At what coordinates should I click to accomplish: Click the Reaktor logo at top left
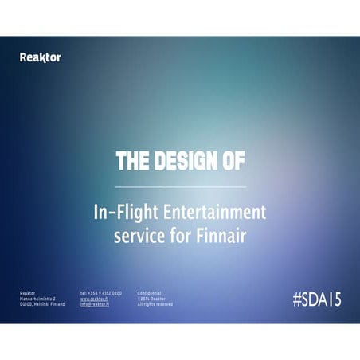(40, 57)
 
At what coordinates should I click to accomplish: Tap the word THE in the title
(131, 161)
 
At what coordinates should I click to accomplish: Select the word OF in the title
(233, 161)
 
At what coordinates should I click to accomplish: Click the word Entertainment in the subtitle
(213, 213)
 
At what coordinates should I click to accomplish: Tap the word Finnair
(225, 237)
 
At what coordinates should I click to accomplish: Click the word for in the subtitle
(180, 237)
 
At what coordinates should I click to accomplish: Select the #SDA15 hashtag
(316, 299)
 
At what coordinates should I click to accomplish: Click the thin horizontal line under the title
(180, 187)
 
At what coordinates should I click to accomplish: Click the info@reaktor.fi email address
(94, 304)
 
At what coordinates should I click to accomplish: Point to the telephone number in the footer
(101, 293)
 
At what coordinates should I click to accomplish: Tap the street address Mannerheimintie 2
(37, 299)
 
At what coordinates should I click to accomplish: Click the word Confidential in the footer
(150, 293)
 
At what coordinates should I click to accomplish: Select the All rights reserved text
(155, 304)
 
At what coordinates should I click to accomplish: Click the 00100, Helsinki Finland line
(42, 304)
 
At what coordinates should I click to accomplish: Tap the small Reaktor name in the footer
(27, 293)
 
